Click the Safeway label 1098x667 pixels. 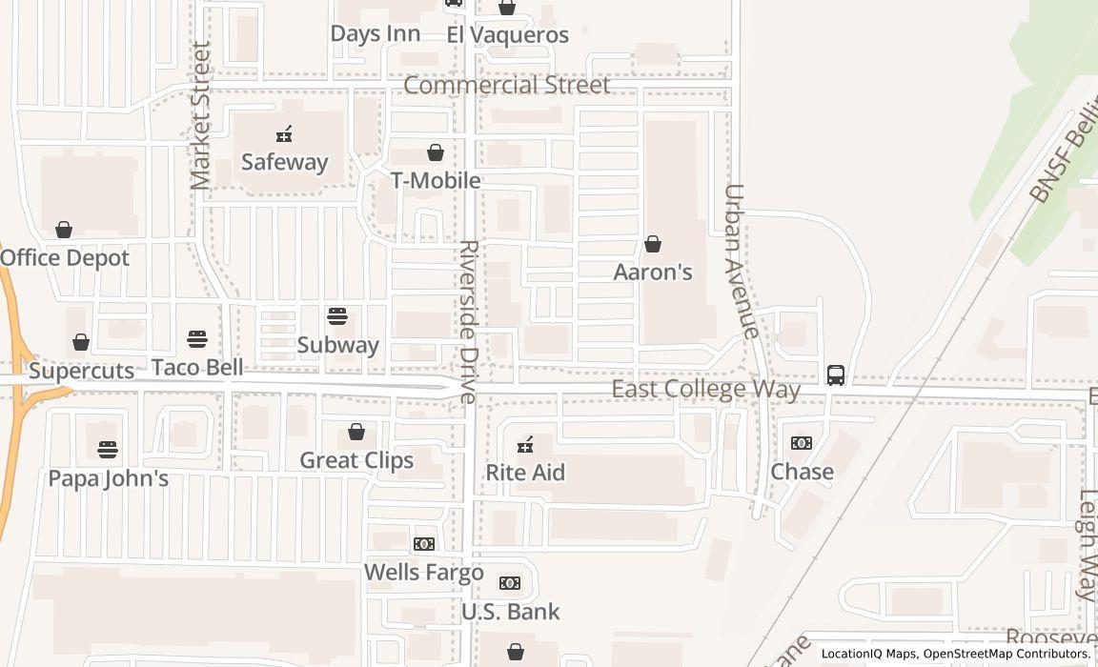[x=284, y=162]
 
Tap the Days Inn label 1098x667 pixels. [x=375, y=34]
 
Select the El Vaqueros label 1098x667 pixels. [x=507, y=35]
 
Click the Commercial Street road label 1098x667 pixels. [x=506, y=85]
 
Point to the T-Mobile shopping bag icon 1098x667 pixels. [x=435, y=152]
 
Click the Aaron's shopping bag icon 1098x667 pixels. [x=653, y=245]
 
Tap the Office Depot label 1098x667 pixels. [x=65, y=258]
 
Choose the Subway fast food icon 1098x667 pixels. [x=337, y=316]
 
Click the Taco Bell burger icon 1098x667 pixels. [x=197, y=338]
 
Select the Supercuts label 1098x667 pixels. [x=82, y=371]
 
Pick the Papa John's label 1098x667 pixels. [x=109, y=478]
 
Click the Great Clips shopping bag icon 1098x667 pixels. [x=356, y=432]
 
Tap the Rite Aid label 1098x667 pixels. [x=525, y=473]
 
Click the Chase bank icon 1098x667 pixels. [x=802, y=443]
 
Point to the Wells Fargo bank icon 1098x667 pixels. [x=424, y=544]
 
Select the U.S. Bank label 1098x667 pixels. [x=511, y=612]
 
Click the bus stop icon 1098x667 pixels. [x=836, y=374]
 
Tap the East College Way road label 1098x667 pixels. [x=705, y=390]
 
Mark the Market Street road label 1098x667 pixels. [x=200, y=116]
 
